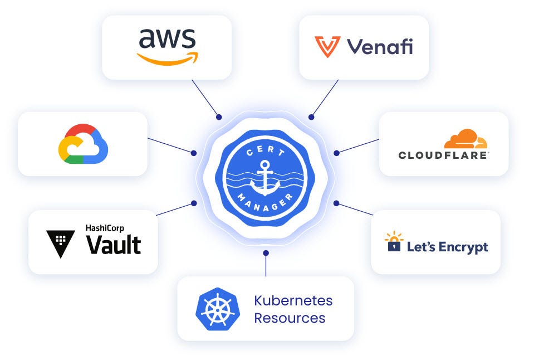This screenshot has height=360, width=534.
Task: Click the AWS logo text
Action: [167, 39]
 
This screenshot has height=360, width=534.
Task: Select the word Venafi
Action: [380, 47]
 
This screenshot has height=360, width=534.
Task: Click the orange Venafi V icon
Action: [327, 47]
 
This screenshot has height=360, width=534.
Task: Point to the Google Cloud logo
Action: [83, 144]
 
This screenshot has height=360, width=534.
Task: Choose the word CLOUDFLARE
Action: [443, 155]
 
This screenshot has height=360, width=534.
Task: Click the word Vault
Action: [114, 245]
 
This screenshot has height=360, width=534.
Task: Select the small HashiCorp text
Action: [105, 227]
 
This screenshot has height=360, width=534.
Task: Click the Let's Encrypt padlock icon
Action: [394, 242]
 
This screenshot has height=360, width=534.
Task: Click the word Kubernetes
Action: [293, 301]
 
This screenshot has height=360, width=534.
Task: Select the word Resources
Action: [290, 318]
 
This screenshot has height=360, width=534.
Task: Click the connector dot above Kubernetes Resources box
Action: [266, 253]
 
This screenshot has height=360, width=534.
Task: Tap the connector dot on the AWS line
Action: [219, 117]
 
